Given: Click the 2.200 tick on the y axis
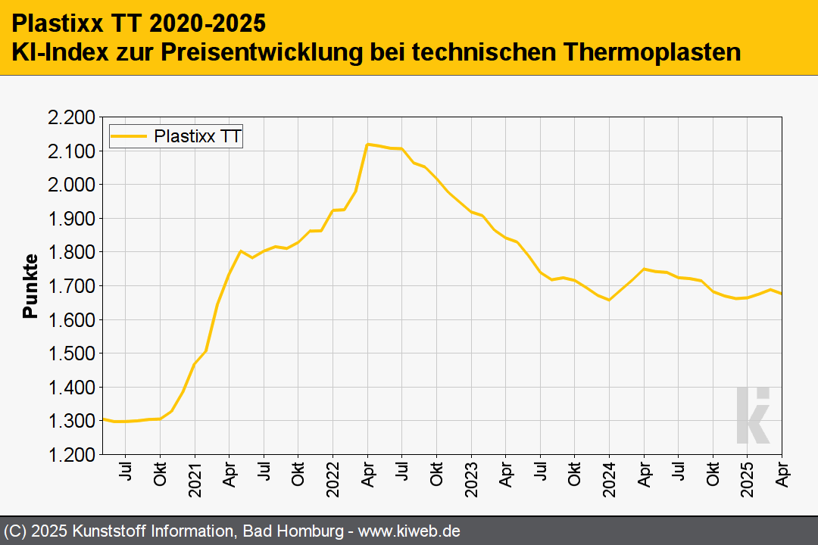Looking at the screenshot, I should (72, 117).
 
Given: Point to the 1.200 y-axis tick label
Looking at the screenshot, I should (72, 454).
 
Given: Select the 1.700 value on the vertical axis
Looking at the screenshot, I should (72, 286).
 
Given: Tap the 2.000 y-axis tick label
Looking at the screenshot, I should (72, 185).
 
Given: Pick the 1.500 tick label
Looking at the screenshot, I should (72, 353).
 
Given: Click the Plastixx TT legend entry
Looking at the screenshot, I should (176, 137).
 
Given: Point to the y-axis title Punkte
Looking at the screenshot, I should (30, 286).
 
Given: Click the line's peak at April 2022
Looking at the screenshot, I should (367, 144).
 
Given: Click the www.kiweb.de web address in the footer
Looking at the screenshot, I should (409, 531).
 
